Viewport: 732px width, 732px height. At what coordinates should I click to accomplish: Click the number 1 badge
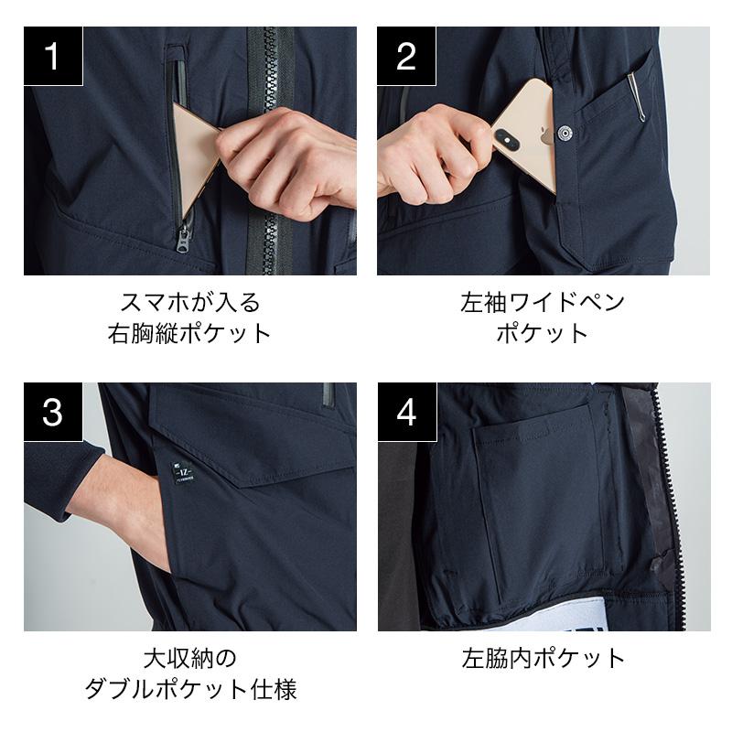pyautogui.click(x=53, y=56)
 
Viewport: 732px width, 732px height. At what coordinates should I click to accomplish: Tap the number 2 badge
pyautogui.click(x=406, y=56)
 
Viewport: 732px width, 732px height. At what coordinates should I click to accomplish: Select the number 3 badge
pyautogui.click(x=53, y=412)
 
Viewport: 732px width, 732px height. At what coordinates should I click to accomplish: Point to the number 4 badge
pyautogui.click(x=407, y=412)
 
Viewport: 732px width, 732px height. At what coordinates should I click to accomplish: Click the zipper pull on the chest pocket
pyautogui.click(x=184, y=239)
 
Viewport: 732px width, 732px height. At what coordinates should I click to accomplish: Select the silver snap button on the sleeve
pyautogui.click(x=565, y=134)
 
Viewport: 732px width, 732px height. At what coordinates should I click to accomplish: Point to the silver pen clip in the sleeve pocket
pyautogui.click(x=637, y=97)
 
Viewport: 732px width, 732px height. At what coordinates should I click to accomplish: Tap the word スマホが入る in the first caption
pyautogui.click(x=189, y=302)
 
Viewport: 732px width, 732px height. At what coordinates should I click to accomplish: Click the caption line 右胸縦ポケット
pyautogui.click(x=189, y=333)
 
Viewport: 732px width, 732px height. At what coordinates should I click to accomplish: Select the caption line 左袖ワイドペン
pyautogui.click(x=543, y=302)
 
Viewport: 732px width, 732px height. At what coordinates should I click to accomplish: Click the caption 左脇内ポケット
pyautogui.click(x=544, y=657)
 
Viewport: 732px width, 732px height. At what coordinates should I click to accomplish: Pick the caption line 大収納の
pyautogui.click(x=190, y=657)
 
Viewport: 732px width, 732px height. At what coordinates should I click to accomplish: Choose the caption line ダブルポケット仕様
pyautogui.click(x=190, y=689)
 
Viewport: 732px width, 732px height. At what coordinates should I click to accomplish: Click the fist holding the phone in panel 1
pyautogui.click(x=285, y=161)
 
